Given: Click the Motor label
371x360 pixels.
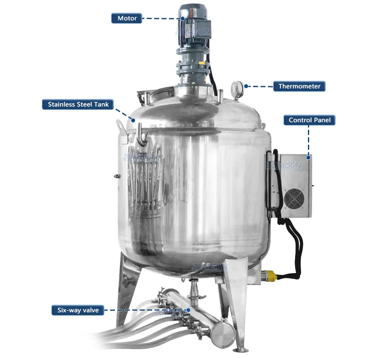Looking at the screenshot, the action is [x=127, y=18].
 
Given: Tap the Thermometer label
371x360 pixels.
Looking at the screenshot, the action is [x=299, y=86].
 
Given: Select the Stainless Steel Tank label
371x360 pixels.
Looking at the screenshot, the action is [x=78, y=104].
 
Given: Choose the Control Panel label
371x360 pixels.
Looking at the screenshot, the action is [x=310, y=120].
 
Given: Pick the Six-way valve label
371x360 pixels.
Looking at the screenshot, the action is [x=78, y=310].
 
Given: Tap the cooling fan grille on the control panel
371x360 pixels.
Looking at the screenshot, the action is [x=294, y=199].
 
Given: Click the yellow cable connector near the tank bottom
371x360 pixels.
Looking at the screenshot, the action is [x=269, y=275].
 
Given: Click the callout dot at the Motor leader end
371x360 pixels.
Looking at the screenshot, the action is [x=183, y=18].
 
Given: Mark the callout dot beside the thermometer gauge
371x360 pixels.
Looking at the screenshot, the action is [x=246, y=86].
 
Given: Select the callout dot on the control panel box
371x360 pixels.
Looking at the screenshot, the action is [x=308, y=158].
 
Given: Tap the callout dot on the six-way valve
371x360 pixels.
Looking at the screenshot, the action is [x=188, y=310].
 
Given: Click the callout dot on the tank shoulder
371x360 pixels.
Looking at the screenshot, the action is [x=133, y=120].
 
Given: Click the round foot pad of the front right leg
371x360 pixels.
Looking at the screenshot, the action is [x=241, y=350].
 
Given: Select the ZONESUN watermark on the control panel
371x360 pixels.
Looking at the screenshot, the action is [x=284, y=165].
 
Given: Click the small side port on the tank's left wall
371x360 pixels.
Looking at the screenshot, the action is [x=117, y=176].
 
